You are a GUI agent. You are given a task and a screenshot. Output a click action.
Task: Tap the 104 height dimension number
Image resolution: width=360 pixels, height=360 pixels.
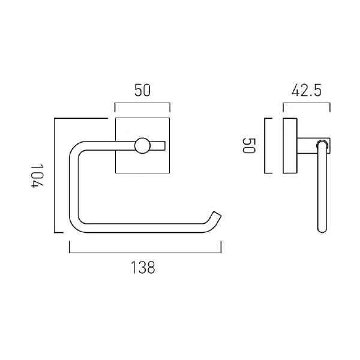(x=38, y=175)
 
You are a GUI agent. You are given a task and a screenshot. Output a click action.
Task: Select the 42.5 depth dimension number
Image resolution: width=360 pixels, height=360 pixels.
(x=306, y=91)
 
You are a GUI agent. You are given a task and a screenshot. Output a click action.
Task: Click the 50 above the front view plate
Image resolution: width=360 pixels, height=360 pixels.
(x=142, y=91)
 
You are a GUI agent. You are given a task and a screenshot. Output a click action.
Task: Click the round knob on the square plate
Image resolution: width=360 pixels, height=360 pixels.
(x=143, y=145)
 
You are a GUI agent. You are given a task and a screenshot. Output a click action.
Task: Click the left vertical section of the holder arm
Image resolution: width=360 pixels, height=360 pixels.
(x=73, y=186)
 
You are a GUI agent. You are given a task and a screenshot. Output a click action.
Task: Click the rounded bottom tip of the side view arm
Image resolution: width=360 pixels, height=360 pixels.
(x=322, y=229)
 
